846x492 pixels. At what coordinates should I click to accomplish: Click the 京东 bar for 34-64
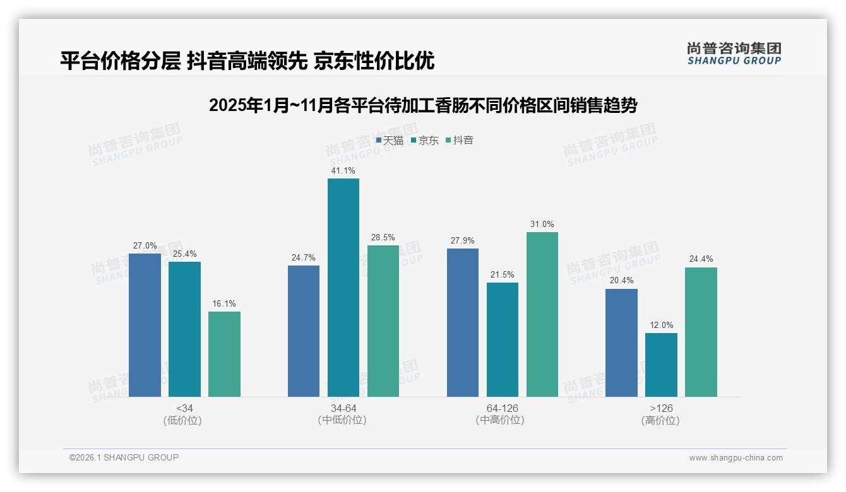343,288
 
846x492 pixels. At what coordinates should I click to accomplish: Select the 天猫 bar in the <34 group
145,325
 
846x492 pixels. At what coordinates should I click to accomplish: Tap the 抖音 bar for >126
701,332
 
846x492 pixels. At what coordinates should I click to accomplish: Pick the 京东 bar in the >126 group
661,365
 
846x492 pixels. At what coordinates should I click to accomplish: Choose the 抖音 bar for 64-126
542,314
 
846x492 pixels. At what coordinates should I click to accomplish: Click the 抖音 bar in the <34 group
224,354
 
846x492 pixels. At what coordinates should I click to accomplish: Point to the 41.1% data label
343,170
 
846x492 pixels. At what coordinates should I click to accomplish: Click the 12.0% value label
661,325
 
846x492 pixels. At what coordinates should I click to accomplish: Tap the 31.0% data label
542,224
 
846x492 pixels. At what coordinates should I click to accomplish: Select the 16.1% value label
224,303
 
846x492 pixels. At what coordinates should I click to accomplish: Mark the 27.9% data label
462,240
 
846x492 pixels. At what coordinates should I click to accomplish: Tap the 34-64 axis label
343,408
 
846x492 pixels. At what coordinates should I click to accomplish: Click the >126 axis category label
661,408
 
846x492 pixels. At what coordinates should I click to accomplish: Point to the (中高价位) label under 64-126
502,420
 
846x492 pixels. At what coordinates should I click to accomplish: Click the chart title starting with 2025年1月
422,105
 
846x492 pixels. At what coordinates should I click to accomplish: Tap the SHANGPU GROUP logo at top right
734,53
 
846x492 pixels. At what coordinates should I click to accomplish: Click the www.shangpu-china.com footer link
736,458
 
